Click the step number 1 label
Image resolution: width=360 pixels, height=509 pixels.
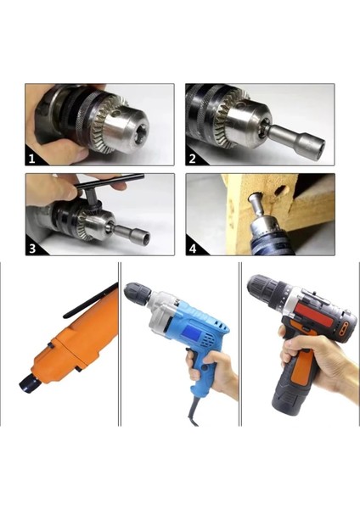[x=31, y=159]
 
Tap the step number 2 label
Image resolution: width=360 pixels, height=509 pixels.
[x=193, y=159]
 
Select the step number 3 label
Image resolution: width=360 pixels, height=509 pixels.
[x=32, y=249]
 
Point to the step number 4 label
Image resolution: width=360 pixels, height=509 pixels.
[x=193, y=249]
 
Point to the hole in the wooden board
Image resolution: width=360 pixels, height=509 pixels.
[x=279, y=191]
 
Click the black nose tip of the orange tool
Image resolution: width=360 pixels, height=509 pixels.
[x=28, y=385]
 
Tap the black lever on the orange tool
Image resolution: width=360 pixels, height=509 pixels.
[x=90, y=300]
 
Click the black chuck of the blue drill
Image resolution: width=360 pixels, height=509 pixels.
[x=137, y=294]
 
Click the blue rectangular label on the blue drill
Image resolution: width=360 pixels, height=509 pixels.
[x=190, y=332]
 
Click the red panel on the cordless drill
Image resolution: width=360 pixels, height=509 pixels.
[x=313, y=314]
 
